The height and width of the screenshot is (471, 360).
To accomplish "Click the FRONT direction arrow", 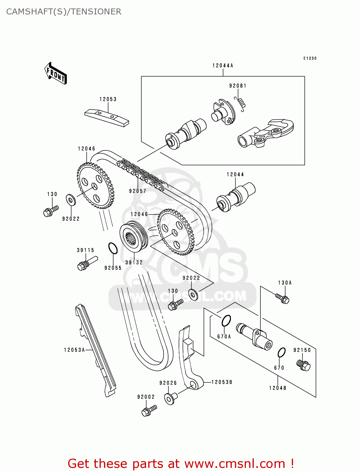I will (56, 73).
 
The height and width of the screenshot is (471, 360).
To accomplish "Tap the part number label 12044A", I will (223, 66).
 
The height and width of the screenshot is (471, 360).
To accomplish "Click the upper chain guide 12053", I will (107, 118).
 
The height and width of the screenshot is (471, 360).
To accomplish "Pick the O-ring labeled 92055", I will (113, 248).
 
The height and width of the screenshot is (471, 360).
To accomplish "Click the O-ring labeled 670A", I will (226, 321).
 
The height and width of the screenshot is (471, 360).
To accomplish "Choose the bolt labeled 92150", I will (303, 365).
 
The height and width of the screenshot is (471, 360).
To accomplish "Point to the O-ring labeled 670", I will (281, 353).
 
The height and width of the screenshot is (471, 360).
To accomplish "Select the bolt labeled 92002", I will (149, 410).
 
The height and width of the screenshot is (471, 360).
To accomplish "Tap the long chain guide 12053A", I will (95, 350).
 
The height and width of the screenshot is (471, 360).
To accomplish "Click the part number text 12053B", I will (222, 382).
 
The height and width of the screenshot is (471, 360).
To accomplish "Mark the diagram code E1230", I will (310, 58).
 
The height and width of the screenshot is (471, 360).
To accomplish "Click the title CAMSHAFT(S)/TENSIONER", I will (64, 12).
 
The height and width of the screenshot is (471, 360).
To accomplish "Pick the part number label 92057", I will (138, 191).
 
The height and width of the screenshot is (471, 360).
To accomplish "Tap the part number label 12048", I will (278, 388).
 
